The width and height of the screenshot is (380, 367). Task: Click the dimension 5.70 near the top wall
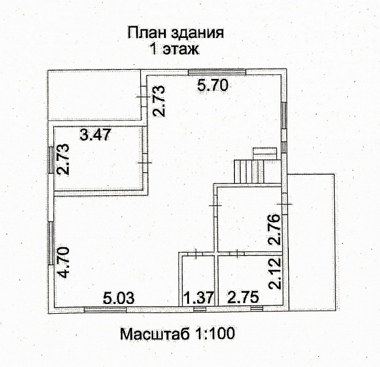pos(213,86)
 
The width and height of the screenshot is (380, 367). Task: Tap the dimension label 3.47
pos(95,135)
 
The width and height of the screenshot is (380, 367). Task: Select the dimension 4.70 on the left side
pos(63,263)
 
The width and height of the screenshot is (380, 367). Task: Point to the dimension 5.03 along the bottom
pos(119,298)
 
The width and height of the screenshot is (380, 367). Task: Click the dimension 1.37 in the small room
pos(199,298)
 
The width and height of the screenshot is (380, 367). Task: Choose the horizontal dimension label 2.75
pos(243,297)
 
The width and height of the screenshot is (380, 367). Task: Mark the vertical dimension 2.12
pos(275,273)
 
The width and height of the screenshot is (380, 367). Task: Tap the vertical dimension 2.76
pos(275,229)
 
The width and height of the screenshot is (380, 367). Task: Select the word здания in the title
pos(197,34)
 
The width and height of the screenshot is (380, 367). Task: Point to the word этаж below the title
pos(181,49)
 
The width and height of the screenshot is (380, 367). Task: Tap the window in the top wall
pos(217,72)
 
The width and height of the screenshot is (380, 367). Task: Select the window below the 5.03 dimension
pos(105,310)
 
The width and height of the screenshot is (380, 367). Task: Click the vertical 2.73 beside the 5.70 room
pos(158,101)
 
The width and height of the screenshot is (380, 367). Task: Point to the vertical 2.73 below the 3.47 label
pos(63,160)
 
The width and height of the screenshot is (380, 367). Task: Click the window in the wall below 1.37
pos(200,310)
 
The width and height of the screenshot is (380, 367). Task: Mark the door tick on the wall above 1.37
pos(195,253)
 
